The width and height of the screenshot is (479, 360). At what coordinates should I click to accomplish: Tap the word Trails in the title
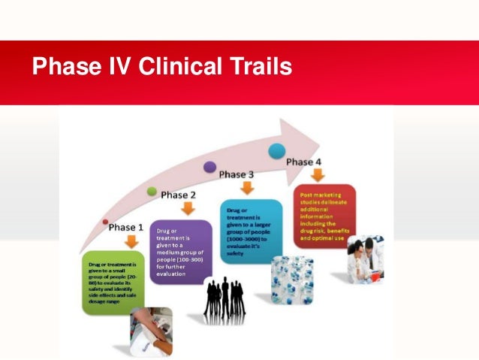point(261,68)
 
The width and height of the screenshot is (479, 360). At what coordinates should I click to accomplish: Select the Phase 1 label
point(127,227)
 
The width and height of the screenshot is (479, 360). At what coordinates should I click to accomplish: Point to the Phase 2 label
point(179,195)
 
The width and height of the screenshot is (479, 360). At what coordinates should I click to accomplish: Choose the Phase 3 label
point(236,174)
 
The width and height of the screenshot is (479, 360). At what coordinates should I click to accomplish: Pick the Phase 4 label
point(304,162)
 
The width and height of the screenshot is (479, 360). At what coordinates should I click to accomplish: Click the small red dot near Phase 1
point(105,222)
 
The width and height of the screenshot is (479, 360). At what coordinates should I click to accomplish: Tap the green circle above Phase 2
point(152,192)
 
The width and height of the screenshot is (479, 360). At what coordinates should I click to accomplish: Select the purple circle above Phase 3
point(210,166)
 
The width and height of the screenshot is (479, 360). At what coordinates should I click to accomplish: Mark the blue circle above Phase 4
point(277,150)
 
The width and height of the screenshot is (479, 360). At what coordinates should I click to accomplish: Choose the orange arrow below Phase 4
point(318,175)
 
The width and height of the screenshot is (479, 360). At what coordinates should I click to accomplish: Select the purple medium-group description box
point(182,251)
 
